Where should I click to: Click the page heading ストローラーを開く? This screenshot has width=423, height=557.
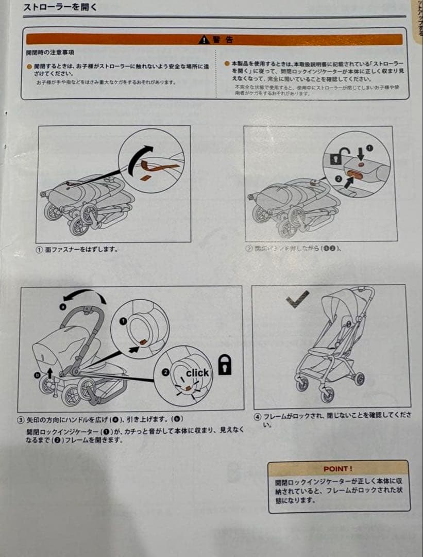[x=60, y=7]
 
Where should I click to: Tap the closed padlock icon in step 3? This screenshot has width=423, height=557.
[x=225, y=364]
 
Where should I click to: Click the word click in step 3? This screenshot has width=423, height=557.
[x=197, y=372]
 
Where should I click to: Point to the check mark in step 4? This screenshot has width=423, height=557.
[x=298, y=297]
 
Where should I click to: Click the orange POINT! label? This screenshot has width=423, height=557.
[x=338, y=469]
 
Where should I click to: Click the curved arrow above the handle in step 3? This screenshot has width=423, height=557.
[x=82, y=296]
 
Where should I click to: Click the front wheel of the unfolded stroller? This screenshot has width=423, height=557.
[x=327, y=395]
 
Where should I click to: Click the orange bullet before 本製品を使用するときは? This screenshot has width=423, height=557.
[x=227, y=63]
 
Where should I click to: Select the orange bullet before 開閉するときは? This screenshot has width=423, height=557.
[x=29, y=67]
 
